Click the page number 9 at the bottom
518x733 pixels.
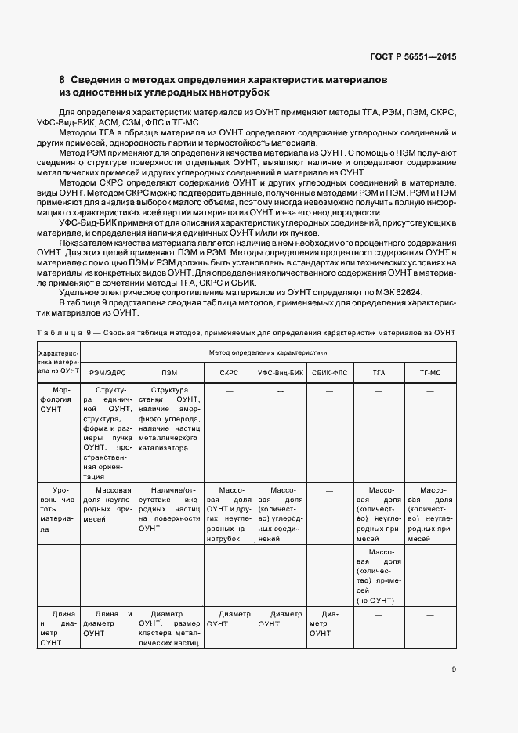coord(454,670)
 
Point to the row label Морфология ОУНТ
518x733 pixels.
coord(56,399)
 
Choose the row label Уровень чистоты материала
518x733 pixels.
coord(56,507)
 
